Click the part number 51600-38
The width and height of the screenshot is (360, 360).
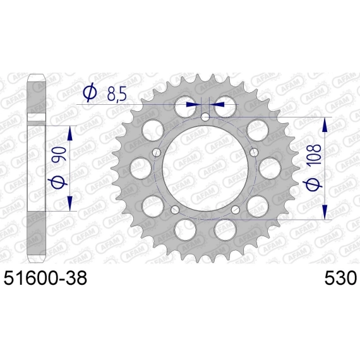coord(45,277)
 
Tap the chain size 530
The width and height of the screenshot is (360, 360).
coord(340,277)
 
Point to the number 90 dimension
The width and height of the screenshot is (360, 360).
coord(60,154)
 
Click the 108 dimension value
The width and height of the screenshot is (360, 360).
coord(315,154)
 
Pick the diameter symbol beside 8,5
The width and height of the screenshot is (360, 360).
coord(90,93)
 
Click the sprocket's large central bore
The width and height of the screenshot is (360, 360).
coord(205,168)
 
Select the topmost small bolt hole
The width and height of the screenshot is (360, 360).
coord(205,117)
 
